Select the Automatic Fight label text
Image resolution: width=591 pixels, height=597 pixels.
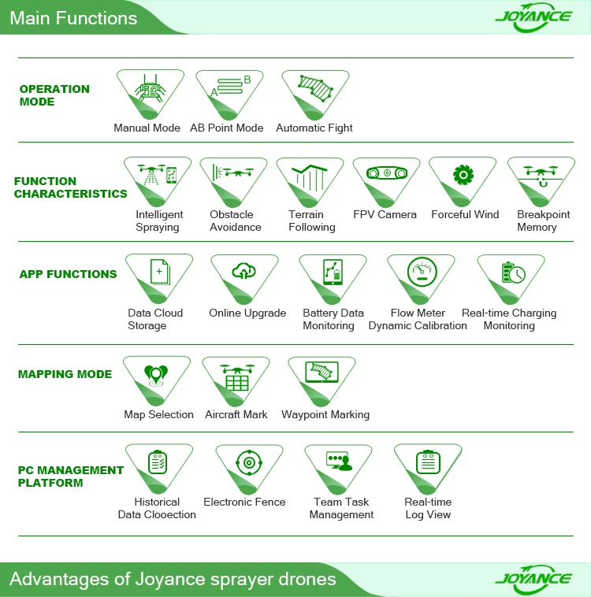[314, 128]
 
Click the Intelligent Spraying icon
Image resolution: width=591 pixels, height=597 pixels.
[157, 176]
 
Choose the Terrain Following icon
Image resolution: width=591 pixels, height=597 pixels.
[310, 176]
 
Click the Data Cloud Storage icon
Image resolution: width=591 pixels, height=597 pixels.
[159, 273]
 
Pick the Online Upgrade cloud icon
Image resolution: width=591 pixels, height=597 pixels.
[243, 273]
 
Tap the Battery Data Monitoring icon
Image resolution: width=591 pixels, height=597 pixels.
[333, 273]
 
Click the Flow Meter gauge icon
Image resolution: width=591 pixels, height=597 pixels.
[421, 273]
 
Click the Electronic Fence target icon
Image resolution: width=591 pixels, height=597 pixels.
[249, 463]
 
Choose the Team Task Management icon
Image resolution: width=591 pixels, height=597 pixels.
[338, 462]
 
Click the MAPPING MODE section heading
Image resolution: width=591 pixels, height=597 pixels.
[65, 374]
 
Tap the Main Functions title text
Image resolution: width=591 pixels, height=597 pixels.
[73, 17]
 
